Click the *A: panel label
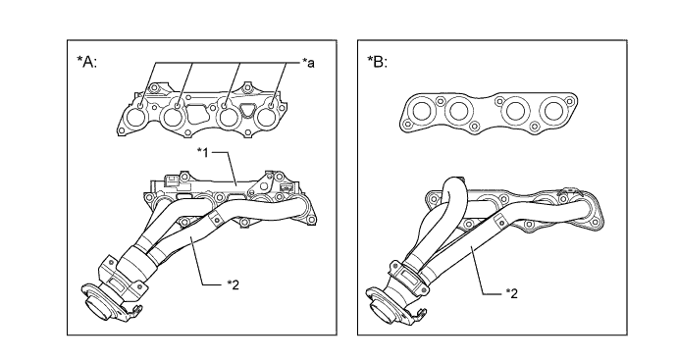click(86, 62)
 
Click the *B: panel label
click(378, 62)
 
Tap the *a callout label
click(308, 63)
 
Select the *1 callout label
click(203, 152)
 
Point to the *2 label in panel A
click(233, 284)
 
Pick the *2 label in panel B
click(511, 293)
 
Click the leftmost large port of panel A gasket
click(136, 118)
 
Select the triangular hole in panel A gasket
click(246, 110)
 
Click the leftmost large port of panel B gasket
click(421, 111)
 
